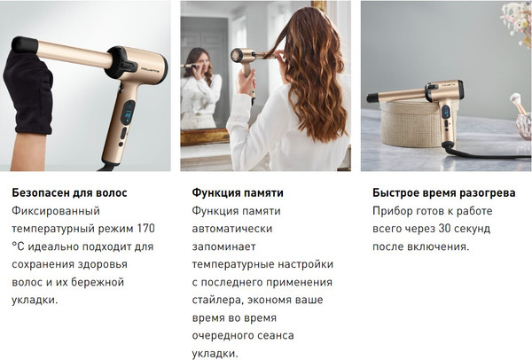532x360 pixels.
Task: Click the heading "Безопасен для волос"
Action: [69, 192]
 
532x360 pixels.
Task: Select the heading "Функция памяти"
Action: [238, 192]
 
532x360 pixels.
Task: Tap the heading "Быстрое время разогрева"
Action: [444, 192]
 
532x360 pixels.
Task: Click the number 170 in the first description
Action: [146, 229]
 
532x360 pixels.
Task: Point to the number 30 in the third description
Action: [445, 229]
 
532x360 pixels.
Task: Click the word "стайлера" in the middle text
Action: [217, 301]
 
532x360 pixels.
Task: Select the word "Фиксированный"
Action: [56, 211]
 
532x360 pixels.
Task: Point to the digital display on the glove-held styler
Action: [128, 113]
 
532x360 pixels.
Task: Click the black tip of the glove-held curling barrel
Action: [24, 44]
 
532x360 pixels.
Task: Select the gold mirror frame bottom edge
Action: [205, 137]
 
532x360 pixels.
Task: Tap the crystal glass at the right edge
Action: [525, 126]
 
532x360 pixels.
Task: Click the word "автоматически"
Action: [232, 229]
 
